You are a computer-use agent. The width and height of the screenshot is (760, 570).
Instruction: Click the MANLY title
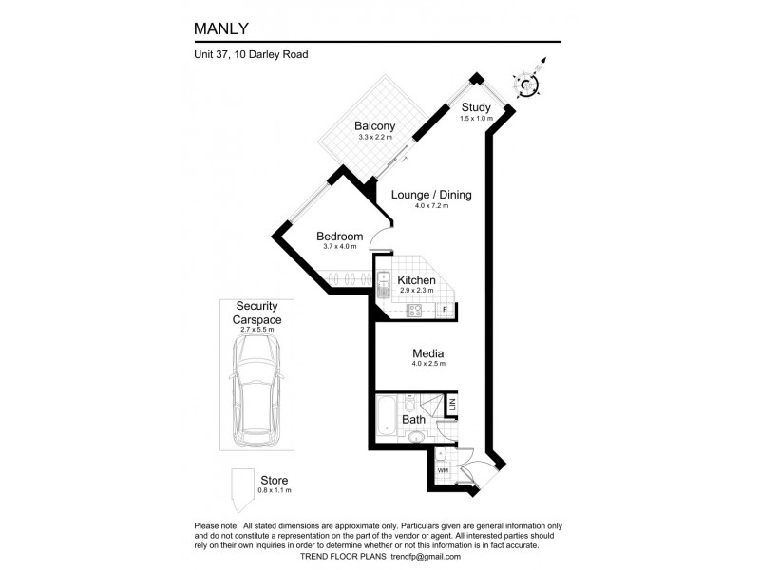(221, 28)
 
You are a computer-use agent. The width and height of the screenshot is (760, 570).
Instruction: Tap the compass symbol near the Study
(527, 84)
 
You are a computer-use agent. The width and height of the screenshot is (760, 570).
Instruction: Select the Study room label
(476, 107)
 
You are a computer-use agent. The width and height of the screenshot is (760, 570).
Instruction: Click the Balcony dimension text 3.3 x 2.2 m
(375, 137)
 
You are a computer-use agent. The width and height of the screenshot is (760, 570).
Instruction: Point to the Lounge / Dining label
(431, 195)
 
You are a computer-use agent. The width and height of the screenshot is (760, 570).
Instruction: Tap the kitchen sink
(384, 285)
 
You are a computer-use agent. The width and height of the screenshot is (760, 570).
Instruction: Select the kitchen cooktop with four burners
(414, 311)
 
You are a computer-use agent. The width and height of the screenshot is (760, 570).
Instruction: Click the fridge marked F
(445, 310)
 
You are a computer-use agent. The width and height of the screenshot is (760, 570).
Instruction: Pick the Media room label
(428, 353)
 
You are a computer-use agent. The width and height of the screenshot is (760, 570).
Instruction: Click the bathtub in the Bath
(387, 415)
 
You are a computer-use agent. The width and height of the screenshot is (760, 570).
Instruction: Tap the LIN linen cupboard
(452, 405)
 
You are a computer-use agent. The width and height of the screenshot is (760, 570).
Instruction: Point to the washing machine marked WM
(443, 470)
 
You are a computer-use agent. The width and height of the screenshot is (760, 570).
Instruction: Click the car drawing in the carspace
(256, 391)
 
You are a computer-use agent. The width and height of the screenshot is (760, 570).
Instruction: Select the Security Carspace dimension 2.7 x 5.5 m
(256, 329)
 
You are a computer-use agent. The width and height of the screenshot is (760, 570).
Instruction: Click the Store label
(275, 481)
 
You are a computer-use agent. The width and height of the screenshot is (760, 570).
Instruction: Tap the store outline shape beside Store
(242, 490)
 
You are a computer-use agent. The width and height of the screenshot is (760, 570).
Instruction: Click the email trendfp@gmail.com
(426, 557)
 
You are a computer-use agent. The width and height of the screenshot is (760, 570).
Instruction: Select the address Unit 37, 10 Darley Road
(251, 54)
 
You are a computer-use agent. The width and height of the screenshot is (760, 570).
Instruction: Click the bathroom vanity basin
(415, 438)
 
